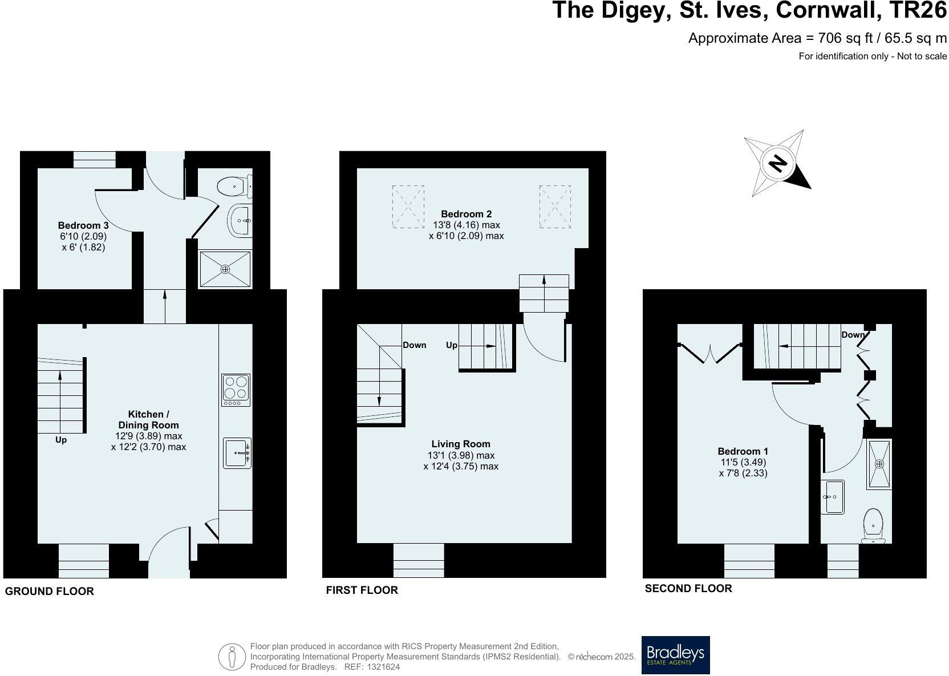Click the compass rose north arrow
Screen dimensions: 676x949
point(777,164)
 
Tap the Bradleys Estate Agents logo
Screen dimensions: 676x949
point(675,654)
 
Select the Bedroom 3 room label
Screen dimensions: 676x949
point(83,225)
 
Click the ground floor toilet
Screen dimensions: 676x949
point(234,185)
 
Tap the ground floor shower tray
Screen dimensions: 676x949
point(225,269)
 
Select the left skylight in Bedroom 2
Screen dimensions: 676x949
point(408,207)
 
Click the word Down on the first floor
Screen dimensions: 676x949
point(414,345)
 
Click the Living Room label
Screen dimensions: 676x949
point(460,444)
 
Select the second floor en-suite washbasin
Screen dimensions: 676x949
point(833,497)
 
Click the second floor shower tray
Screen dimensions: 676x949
point(879,464)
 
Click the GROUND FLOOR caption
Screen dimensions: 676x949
point(49,592)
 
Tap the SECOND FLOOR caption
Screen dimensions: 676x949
point(688,588)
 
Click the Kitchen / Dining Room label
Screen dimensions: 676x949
point(148,419)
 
